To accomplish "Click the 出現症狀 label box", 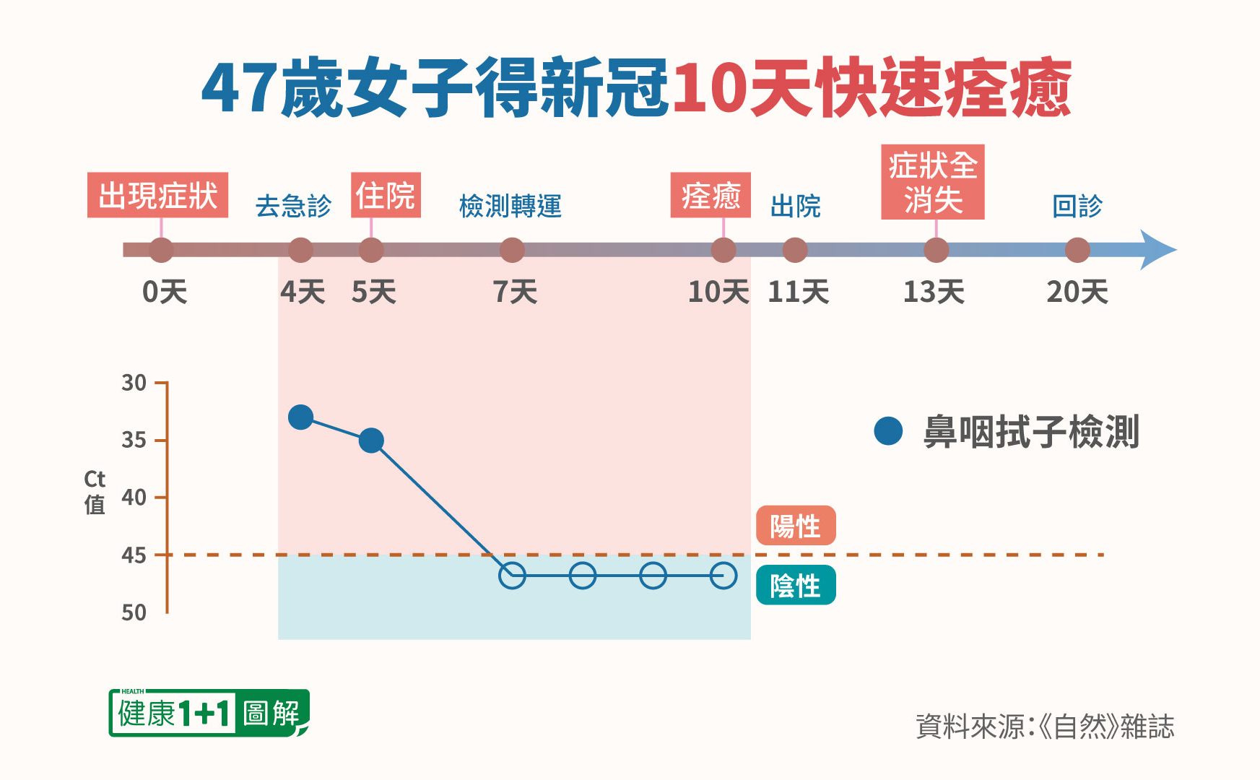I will (x=157, y=195).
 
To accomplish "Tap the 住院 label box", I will (x=386, y=195).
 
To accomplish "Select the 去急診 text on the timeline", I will (x=293, y=207).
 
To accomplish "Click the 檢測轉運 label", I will (x=510, y=207).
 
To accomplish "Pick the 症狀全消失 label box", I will (x=932, y=182).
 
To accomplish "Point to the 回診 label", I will (x=1077, y=207).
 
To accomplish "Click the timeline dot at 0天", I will (x=161, y=250).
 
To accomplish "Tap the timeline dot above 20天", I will (x=1077, y=250).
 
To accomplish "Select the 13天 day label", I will (x=934, y=292).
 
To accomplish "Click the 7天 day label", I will (x=515, y=292).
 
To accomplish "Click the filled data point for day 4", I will (x=300, y=417).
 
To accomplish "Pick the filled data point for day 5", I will (x=371, y=440).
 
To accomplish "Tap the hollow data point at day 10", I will (x=723, y=576).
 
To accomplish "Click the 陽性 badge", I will (x=796, y=526).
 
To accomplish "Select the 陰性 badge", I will (x=796, y=585).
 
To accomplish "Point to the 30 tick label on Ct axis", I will (x=134, y=383).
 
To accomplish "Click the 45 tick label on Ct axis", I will (x=134, y=555).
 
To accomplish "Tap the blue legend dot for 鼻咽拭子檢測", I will (x=888, y=431).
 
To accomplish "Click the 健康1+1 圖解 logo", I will (x=209, y=714).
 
